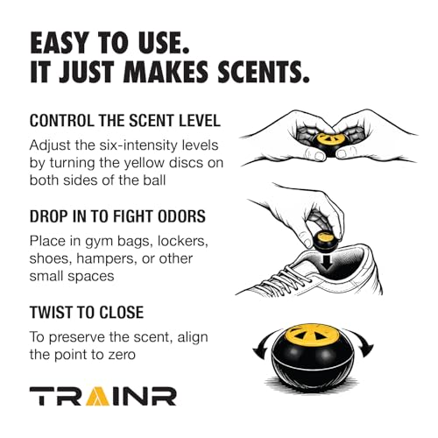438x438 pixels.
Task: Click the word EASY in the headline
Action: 60,43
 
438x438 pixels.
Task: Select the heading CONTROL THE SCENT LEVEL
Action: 125,121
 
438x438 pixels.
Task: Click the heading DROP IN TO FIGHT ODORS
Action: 117,216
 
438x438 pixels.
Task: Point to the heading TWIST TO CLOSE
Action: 87,312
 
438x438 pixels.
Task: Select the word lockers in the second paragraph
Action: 182,241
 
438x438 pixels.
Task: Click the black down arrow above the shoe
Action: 328,261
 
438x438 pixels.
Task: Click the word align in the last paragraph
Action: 193,337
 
